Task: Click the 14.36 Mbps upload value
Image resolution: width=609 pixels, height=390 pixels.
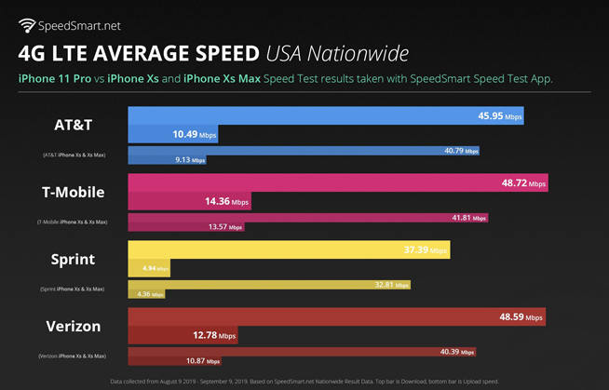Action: click(x=227, y=202)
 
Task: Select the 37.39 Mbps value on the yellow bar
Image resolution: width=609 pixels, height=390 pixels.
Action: click(x=426, y=251)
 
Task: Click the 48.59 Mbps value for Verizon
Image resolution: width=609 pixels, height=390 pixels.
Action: click(x=521, y=317)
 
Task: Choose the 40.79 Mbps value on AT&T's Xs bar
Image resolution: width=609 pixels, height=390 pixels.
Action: click(x=461, y=151)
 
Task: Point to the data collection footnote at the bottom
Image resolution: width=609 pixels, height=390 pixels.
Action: click(x=304, y=382)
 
